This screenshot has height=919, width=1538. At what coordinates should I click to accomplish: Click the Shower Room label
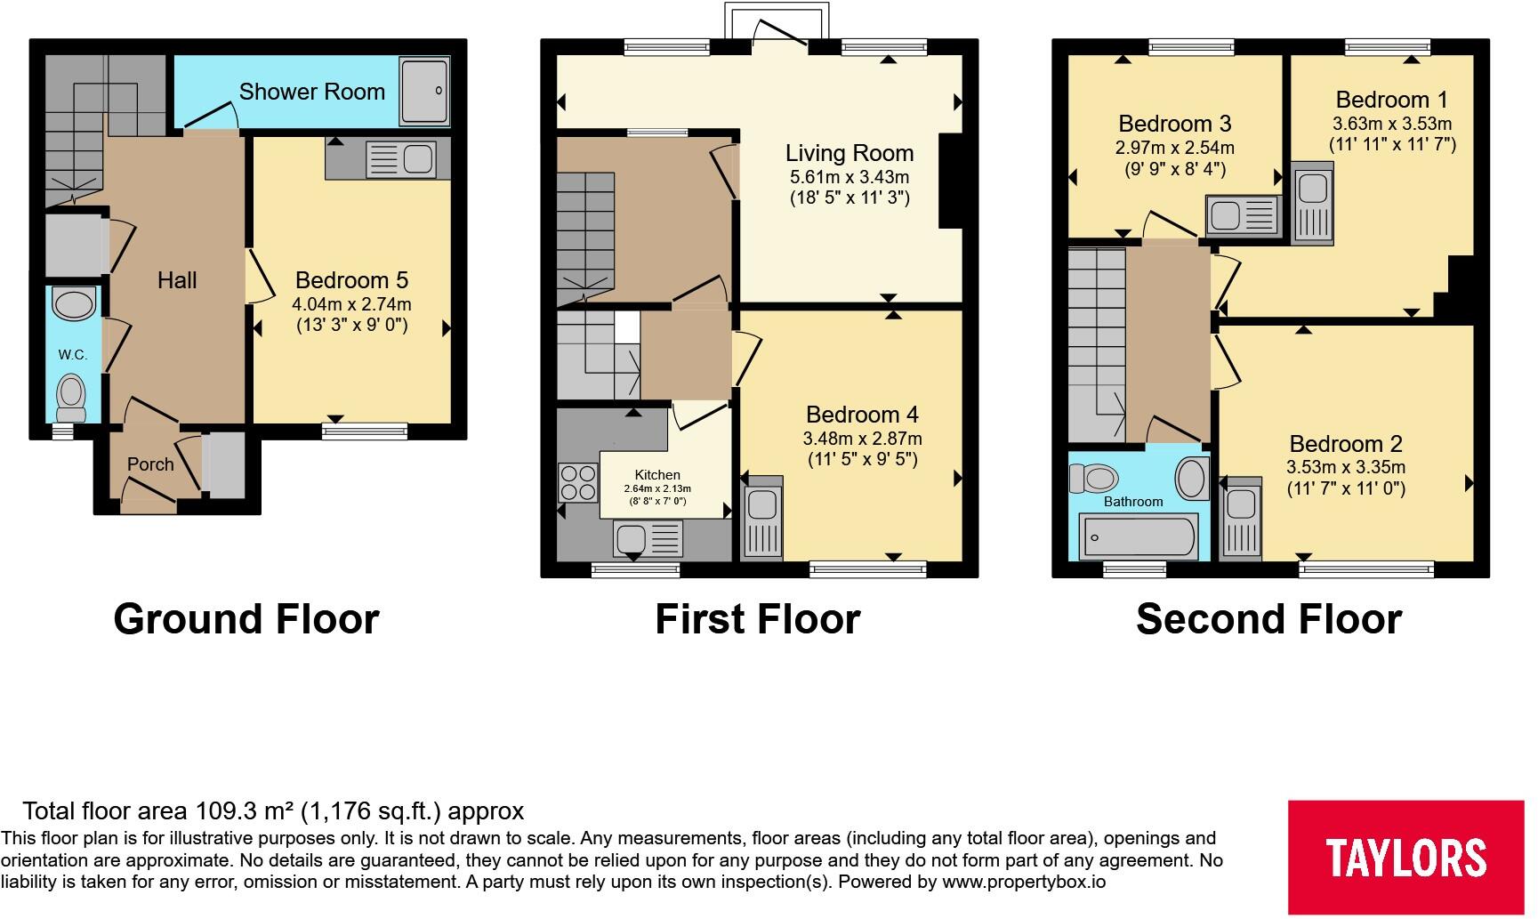pos(312,92)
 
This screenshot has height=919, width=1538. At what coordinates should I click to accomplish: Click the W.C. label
pos(73,355)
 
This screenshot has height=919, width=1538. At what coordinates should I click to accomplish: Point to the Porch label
pos(150,464)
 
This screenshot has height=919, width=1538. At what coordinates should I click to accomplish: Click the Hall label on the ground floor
pos(177,280)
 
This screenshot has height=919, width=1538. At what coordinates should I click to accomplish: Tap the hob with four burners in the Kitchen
pos(578,483)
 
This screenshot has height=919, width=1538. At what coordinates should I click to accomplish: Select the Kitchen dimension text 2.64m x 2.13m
pos(657,488)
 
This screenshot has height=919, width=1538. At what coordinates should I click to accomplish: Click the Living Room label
pos(850,153)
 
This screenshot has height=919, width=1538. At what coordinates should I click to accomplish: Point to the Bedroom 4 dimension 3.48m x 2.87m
pos(862,439)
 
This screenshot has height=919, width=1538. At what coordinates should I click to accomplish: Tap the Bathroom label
pos(1133,502)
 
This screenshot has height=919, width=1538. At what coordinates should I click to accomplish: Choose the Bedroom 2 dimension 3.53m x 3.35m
pos(1346,467)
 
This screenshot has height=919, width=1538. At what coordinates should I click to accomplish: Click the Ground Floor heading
pos(246,619)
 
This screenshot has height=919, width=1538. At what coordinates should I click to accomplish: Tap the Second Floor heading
pos(1269,619)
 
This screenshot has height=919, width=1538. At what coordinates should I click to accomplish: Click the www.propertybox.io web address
pos(1024,883)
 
